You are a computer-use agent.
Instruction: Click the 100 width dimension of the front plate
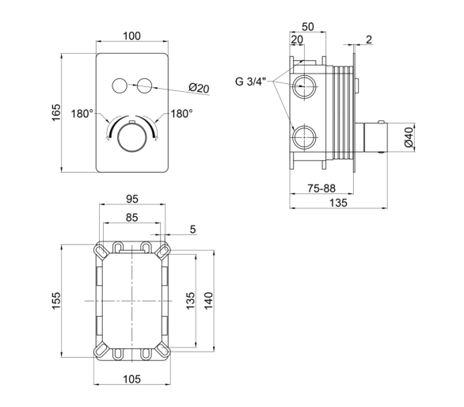tap(131, 36)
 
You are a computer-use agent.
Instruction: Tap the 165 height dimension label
tap(56, 112)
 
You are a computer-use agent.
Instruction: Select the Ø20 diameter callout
tap(199, 88)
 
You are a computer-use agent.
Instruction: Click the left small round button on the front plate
tap(120, 86)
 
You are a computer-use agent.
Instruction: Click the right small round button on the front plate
tap(144, 86)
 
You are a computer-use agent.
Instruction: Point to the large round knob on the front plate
tap(132, 137)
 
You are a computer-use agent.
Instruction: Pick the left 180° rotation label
tap(82, 113)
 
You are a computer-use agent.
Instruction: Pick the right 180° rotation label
tap(181, 113)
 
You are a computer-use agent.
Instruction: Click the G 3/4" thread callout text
tap(251, 82)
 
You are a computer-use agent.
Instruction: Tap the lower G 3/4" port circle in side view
tap(305, 138)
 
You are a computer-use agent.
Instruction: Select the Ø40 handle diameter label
tap(409, 137)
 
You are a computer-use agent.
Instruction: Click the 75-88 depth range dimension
tap(321, 188)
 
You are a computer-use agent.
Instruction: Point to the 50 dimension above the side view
tap(308, 27)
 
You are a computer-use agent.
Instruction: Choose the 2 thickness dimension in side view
tap(369, 40)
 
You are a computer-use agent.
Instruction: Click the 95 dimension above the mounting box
tap(132, 199)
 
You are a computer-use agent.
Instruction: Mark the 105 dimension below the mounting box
tap(132, 378)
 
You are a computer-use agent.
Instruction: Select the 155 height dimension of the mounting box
tap(56, 301)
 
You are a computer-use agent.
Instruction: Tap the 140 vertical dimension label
tap(208, 301)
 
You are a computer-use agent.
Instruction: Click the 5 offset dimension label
tap(192, 230)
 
